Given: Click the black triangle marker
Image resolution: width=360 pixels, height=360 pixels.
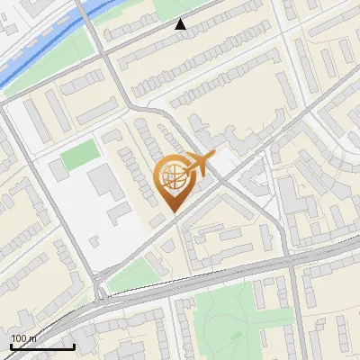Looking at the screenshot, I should pos(181,24).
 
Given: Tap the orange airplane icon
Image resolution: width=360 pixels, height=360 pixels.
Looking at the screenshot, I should pos(199,165).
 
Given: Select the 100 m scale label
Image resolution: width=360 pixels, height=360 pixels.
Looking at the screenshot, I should pos(24,338).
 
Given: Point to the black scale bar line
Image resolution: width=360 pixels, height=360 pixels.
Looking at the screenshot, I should pos(42,346).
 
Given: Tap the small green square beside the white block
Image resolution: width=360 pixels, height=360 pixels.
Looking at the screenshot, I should pos(78,157).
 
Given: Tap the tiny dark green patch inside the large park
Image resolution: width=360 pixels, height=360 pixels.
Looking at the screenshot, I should pos(237,335).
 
